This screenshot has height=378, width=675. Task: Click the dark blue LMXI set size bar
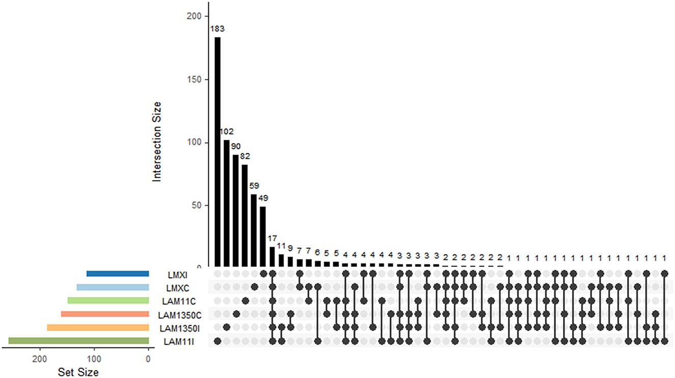pos(118,274)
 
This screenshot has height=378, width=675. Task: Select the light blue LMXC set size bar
pos(113,287)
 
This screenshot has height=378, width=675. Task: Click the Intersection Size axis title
pos(157,142)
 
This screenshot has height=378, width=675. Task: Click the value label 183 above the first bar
pos(218,30)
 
